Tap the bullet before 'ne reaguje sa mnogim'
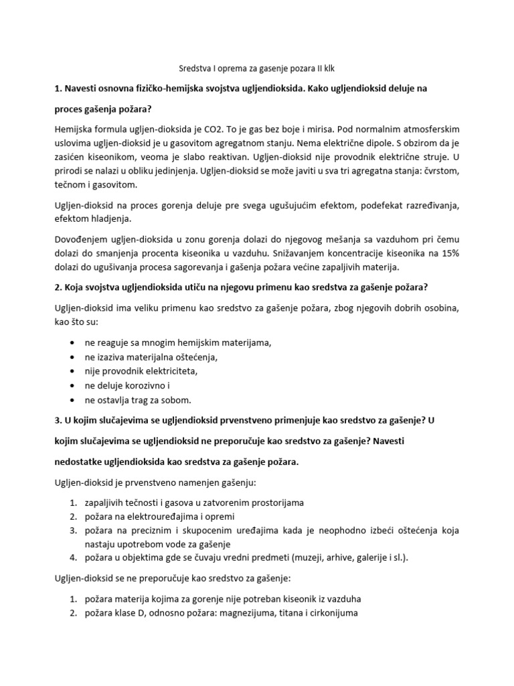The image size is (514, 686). [72, 343]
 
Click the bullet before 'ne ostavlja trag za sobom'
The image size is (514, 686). [72, 400]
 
